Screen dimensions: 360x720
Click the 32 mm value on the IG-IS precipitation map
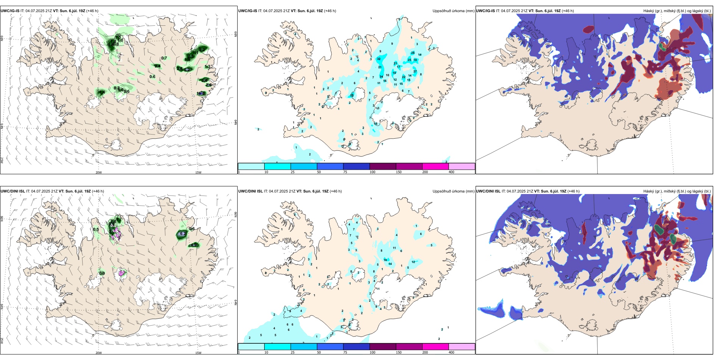379,59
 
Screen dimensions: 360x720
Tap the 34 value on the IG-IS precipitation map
381,77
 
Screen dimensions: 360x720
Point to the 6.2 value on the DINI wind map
183,234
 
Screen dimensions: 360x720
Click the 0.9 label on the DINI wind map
102,273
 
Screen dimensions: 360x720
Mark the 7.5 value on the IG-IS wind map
208,85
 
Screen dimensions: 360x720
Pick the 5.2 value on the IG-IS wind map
187,70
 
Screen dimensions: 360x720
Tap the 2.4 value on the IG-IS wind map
158,66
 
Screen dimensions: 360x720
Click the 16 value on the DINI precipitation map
385,260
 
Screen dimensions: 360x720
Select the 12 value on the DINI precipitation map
413,262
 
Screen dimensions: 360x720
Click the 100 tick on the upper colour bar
373,172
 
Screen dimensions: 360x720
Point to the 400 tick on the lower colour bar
451,352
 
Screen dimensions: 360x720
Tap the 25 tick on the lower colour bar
293,352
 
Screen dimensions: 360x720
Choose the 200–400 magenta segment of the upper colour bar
435,166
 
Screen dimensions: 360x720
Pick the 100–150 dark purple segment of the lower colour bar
383,347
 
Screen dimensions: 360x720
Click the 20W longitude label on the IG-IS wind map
99,172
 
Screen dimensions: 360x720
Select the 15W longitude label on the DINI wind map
198,353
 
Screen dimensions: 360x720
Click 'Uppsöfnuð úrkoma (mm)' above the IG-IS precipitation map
453,11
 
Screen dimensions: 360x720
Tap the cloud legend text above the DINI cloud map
677,191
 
